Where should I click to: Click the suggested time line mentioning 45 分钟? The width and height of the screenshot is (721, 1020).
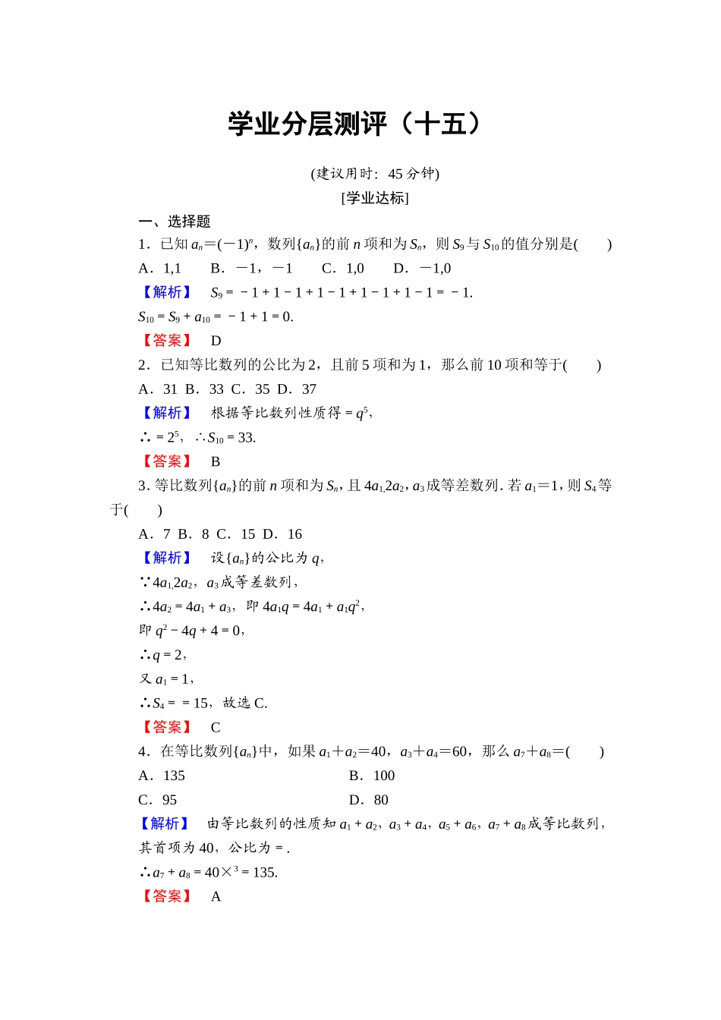pos(375,174)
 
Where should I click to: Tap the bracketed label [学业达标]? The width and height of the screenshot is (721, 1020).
pos(375,198)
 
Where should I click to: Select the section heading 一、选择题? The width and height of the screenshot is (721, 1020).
pos(175,222)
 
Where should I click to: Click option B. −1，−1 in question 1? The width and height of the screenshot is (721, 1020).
pos(251,269)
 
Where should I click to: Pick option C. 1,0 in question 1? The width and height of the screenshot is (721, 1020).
pos(343,269)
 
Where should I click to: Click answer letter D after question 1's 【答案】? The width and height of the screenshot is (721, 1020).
pos(216,341)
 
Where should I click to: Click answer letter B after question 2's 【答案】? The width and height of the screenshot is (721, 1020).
pos(216,461)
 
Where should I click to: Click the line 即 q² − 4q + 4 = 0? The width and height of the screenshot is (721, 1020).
pos(191,631)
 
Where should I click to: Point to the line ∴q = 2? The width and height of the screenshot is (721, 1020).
pos(163,655)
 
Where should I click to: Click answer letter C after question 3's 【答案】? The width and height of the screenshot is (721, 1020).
pos(216,727)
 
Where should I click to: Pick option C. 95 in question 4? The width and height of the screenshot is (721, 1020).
pos(158,800)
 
